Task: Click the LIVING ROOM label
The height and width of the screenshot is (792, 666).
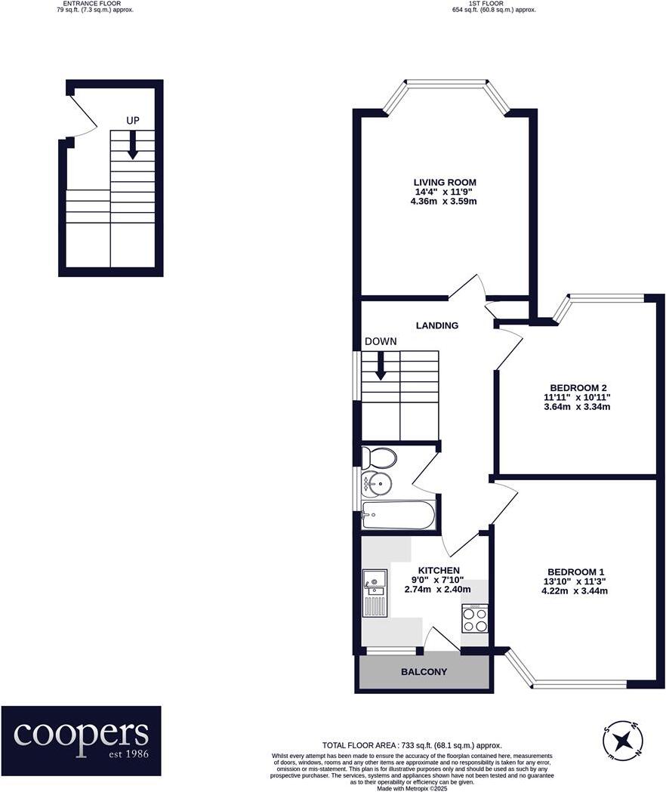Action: point(444,182)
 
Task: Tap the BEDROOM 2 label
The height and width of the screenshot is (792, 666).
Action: point(577,388)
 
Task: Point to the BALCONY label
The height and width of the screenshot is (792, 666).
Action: point(424,672)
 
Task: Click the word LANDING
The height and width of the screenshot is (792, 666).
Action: point(437,325)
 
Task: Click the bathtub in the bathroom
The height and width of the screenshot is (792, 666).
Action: point(398,516)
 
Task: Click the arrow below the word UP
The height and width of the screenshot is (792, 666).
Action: point(133,145)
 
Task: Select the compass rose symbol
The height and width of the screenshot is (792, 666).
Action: point(624,739)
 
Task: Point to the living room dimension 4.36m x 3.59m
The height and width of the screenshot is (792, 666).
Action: point(444,202)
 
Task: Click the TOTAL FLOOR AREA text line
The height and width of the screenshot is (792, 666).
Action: point(412,745)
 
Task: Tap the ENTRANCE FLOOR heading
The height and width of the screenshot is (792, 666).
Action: point(89,4)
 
